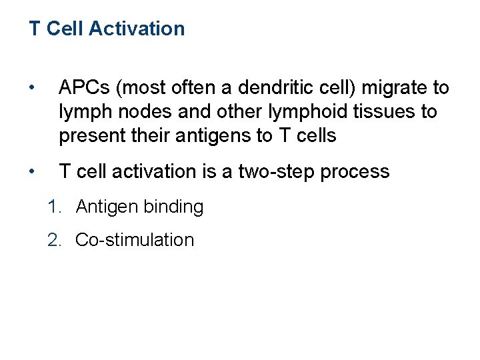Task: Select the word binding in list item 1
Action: pyautogui.click(x=173, y=207)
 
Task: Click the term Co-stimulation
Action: pyautogui.click(x=135, y=240)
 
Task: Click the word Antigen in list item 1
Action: pyautogui.click(x=107, y=207)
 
